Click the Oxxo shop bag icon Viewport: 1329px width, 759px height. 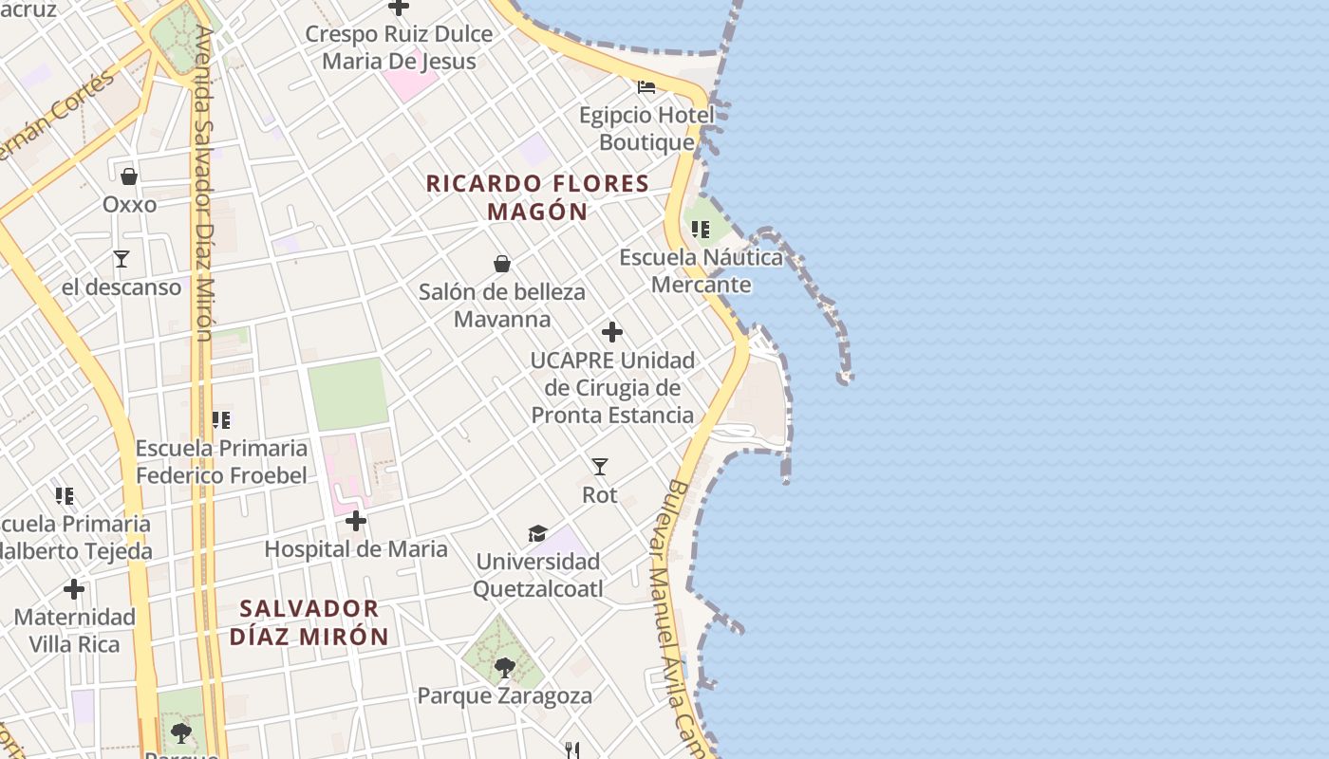point(129,176)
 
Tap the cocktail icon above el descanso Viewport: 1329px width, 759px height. point(122,258)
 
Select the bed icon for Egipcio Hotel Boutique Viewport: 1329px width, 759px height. point(646,87)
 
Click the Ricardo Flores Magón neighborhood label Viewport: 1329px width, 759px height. point(537,197)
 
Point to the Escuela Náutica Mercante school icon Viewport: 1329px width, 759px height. point(701,229)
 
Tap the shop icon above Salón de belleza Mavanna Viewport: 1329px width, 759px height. point(502,264)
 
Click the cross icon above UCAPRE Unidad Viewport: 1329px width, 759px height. point(612,332)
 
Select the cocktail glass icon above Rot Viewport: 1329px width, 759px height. point(599,466)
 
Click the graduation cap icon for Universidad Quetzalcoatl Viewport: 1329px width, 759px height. point(538,533)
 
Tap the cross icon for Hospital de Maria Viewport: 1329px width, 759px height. point(356,521)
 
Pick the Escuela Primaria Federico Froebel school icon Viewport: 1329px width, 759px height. point(221,419)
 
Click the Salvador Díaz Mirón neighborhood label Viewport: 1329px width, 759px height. point(309,622)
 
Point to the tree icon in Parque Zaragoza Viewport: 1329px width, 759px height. point(505,668)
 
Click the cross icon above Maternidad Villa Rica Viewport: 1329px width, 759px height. point(74,589)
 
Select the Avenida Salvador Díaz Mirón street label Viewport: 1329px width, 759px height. point(203,180)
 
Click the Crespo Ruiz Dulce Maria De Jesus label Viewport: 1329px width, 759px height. point(399,47)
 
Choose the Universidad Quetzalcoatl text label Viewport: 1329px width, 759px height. point(538,575)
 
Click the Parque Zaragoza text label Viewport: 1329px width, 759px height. point(505,695)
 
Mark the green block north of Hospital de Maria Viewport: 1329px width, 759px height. point(347,394)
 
